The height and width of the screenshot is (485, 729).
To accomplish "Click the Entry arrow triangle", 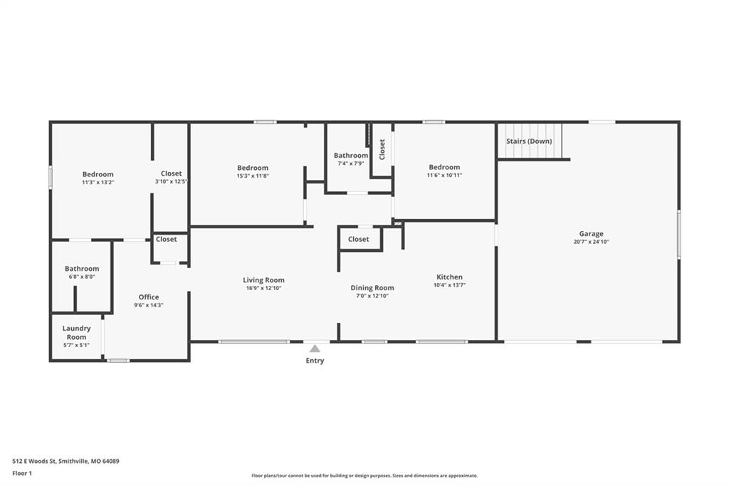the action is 315,348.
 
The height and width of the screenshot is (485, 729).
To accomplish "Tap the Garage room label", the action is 591,234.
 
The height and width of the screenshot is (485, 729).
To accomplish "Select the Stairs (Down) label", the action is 529,141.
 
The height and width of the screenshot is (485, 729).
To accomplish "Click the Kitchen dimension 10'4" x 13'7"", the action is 449,285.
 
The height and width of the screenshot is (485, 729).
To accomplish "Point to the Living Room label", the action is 263,280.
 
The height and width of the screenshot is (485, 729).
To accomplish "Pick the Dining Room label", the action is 372,288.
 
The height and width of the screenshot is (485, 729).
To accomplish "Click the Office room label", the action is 149,297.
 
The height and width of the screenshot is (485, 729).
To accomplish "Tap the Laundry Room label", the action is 76,333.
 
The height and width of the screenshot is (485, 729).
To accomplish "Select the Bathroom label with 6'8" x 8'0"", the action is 82,269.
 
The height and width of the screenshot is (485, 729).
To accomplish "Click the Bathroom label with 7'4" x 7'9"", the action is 350,156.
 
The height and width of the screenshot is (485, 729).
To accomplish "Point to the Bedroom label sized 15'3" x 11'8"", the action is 253,168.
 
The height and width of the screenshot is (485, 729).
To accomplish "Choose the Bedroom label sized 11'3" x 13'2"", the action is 98,174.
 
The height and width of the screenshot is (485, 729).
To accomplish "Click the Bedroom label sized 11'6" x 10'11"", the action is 444,167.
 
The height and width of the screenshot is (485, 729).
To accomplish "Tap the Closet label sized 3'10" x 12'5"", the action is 171,174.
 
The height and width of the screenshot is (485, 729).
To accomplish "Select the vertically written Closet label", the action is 382,149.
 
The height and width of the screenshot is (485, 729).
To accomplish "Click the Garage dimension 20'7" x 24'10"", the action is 591,242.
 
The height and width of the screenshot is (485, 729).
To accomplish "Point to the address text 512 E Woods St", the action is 34,462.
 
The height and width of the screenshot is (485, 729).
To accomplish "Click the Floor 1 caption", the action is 22,474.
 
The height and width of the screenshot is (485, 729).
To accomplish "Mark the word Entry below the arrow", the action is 315,361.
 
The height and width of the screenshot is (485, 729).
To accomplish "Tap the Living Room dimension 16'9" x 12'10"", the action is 263,288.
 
